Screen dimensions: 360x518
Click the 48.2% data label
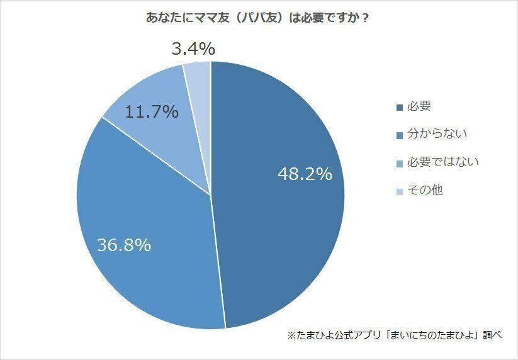305,174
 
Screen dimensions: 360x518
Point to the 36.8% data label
124,245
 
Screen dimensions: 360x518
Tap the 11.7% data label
152,113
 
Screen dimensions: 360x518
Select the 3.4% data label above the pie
193,48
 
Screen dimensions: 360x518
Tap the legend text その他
425,189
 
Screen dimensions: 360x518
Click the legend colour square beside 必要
399,108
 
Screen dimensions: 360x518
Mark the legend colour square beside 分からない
399,135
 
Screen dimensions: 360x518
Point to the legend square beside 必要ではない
399,163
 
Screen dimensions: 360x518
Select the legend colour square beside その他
399,191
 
